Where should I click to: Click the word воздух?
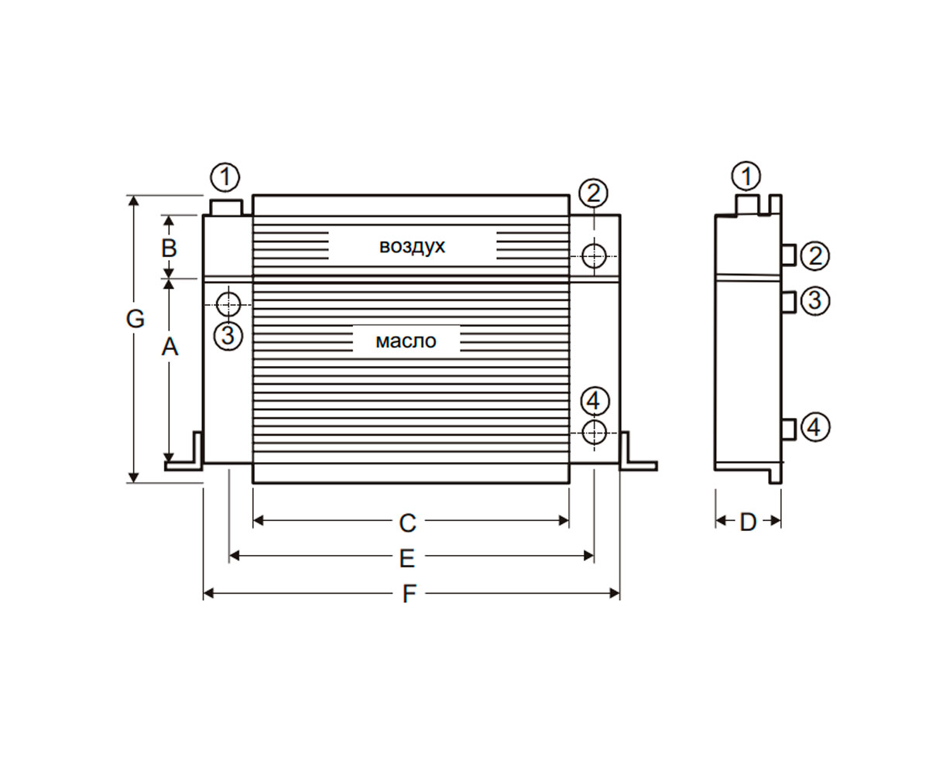pyautogui.click(x=412, y=246)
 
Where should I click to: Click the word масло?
pyautogui.click(x=406, y=341)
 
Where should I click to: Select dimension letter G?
pyautogui.click(x=135, y=319)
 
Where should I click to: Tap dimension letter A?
pyautogui.click(x=170, y=347)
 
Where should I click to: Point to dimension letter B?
pyautogui.click(x=169, y=248)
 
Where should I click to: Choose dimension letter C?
pyautogui.click(x=407, y=523)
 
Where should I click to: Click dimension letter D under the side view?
pyautogui.click(x=748, y=522)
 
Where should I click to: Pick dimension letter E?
pyautogui.click(x=407, y=559)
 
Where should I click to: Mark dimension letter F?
pyautogui.click(x=409, y=594)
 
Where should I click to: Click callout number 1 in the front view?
pyautogui.click(x=225, y=177)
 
